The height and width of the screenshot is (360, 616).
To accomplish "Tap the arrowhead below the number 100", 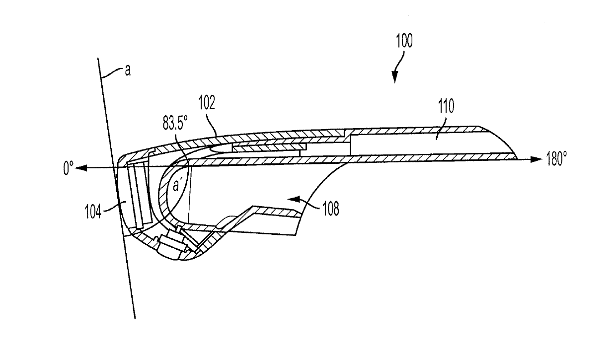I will [395, 77].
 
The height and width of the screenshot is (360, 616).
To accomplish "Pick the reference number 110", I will [446, 108].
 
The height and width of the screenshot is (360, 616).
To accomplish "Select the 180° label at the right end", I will [555, 159].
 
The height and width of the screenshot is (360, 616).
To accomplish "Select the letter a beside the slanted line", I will [128, 71].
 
